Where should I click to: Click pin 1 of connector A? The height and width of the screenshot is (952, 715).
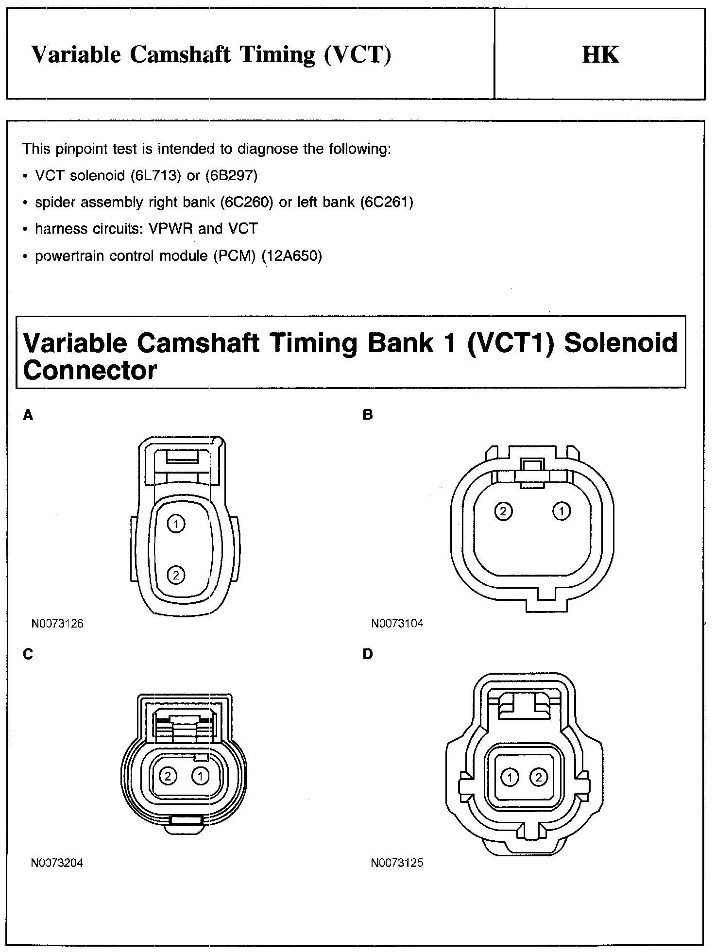pos(176,524)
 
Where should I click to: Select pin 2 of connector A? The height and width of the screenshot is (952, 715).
pos(176,576)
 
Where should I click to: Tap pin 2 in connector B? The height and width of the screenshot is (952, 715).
pos(503,511)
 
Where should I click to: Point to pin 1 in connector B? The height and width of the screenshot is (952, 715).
pos(562,511)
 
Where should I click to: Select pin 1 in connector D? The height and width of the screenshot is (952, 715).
pos(510,778)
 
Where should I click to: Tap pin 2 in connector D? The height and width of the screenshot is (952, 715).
pos(538,778)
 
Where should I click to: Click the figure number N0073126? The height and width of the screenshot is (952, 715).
pos(57,624)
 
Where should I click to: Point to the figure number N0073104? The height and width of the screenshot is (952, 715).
pos(397,624)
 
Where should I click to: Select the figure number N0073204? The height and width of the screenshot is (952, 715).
pos(57,863)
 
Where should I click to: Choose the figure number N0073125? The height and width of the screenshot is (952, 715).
pos(397,863)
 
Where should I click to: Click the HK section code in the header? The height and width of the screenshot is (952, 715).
pos(600,55)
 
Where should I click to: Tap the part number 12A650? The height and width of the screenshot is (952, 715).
pos(291,256)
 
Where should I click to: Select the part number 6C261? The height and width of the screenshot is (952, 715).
pos(387,202)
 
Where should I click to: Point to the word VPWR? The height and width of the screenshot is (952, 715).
pos(171,229)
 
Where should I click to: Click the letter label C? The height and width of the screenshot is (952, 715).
pos(28,654)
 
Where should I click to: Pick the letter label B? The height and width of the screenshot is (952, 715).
pos(368,415)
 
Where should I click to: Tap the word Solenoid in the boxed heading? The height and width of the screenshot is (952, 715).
pos(621,342)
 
